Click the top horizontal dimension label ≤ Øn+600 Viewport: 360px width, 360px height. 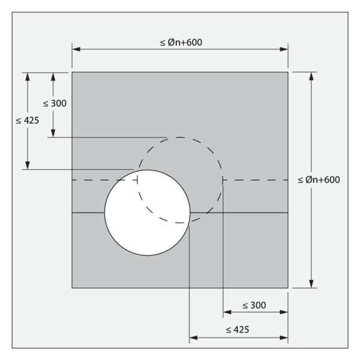click(181, 43)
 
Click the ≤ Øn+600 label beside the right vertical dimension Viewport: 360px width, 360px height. click(319, 180)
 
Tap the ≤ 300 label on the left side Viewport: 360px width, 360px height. click(55, 104)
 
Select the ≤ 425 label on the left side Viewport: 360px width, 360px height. click(28, 121)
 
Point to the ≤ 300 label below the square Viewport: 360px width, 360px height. click(254, 305)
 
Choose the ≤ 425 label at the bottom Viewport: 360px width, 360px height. click(238, 330)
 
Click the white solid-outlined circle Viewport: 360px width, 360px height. click(148, 212)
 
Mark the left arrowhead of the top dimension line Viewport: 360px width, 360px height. click(76, 49)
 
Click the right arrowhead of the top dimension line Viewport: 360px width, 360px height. click(284, 49)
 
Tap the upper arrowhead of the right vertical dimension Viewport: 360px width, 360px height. click(311, 76)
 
